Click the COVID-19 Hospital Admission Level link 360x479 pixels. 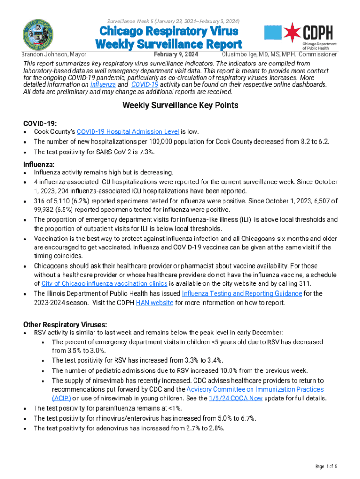[128, 132]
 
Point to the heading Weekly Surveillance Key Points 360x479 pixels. [180, 105]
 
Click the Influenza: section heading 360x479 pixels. [39, 164]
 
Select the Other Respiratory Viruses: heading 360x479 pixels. [65, 324]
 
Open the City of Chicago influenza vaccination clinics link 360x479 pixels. [104, 283]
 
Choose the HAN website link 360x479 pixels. [154, 303]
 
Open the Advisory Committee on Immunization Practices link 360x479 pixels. [255, 389]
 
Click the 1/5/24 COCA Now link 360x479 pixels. [236, 399]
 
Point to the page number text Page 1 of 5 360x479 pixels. [326, 467]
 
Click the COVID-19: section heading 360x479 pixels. [40, 123]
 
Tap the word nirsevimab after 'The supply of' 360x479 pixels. [107, 380]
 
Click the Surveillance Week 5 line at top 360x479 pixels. [173, 21]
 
